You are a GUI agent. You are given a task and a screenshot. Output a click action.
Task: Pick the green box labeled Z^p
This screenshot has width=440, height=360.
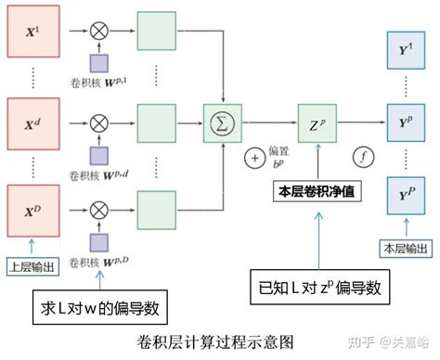(317, 121)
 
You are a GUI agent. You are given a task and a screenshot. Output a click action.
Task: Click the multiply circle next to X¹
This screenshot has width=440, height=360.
(99, 32)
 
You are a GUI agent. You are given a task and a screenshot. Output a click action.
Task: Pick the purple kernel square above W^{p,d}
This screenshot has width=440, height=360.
(99, 150)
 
